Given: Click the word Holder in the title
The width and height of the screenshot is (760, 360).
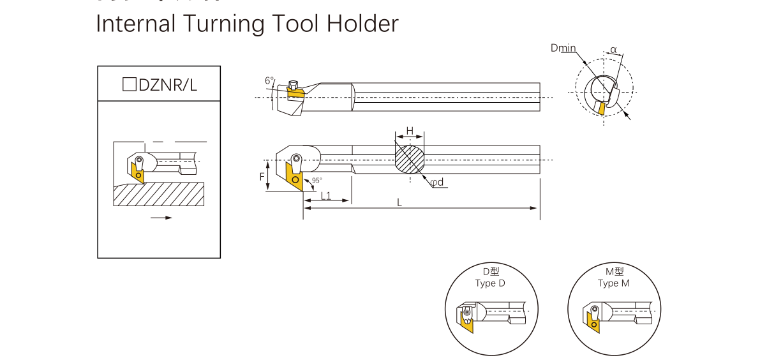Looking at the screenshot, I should tap(362, 24).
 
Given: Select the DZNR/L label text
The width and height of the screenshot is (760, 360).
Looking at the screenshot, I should tap(168, 84).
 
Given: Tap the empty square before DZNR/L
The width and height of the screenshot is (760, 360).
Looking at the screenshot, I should tap(129, 84).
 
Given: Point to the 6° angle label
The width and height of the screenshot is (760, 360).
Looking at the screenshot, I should tap(269, 81).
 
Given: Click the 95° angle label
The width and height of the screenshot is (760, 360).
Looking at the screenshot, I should tap(317, 181).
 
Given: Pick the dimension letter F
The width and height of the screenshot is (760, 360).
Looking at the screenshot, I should tap(262, 176).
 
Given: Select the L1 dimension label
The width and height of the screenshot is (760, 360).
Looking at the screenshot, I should tap(326, 195).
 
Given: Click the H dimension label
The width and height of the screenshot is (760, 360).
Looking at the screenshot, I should tap(410, 131).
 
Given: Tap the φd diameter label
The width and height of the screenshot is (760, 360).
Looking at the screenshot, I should tap(437, 183).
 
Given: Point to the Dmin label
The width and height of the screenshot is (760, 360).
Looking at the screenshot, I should tap(563, 49).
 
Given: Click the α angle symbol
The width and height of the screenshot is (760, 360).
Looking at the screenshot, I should tap(613, 50).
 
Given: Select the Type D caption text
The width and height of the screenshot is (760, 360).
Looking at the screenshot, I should tap(489, 283).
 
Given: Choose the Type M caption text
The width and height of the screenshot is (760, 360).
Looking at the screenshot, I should tap(613, 283).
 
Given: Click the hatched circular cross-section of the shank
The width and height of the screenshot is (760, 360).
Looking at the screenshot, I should tap(410, 160).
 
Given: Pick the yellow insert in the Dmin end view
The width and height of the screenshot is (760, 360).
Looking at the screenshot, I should tap(600, 108).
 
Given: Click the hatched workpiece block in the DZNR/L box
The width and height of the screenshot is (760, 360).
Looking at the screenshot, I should tap(159, 194).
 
